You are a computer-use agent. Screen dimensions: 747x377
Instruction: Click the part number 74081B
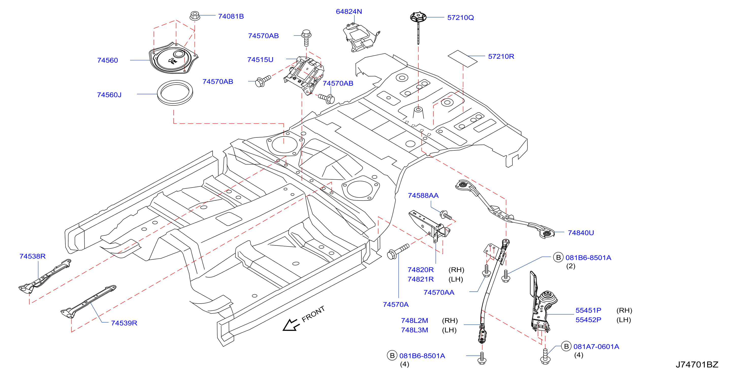[x=231, y=16]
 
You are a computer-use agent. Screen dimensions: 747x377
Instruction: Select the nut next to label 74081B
[x=195, y=16]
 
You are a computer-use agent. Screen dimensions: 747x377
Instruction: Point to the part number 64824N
[x=349, y=12]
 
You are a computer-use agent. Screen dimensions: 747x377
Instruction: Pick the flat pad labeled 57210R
[x=463, y=59]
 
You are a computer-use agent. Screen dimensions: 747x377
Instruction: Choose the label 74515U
[x=260, y=60]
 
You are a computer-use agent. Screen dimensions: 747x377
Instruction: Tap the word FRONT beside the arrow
[x=313, y=314]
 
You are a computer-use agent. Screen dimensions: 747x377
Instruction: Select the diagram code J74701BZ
[x=697, y=365]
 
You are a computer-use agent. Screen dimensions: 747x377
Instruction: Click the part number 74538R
[x=33, y=256]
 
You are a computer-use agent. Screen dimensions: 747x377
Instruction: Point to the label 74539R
[x=124, y=323]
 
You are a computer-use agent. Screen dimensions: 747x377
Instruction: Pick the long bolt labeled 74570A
[x=398, y=252]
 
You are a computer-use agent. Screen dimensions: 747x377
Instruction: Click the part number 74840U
[x=581, y=233]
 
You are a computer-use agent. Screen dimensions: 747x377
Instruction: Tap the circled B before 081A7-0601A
[x=566, y=346]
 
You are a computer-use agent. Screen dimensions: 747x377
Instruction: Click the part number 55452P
[x=588, y=320]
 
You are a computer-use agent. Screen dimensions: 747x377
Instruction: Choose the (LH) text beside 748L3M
[x=449, y=330]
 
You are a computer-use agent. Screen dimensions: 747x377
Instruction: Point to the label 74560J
[x=109, y=95]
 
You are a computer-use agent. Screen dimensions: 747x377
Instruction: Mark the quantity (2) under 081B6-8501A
[x=571, y=266]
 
